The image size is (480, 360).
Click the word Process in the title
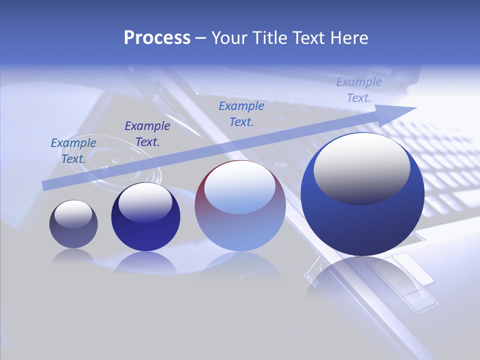157,38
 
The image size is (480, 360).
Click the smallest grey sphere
73,225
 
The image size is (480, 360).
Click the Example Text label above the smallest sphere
73,150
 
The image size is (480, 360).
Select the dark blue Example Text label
147,133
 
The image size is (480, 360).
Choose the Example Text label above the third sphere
241,113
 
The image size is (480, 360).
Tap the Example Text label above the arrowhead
359,89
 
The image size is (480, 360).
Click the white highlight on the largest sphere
361,167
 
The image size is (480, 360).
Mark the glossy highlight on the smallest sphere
73,213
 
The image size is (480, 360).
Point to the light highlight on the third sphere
240,187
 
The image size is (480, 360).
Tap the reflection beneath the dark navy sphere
145,262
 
